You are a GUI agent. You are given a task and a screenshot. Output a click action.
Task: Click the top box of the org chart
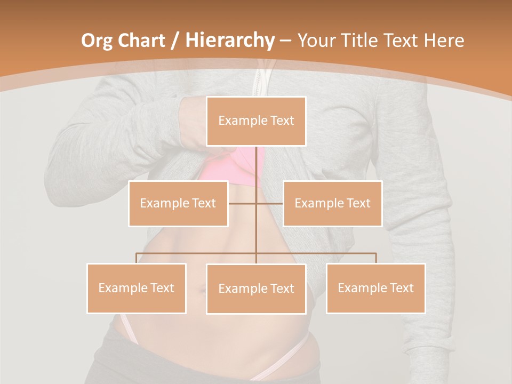pyautogui.click(x=256, y=121)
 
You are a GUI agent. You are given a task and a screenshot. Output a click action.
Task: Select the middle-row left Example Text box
pyautogui.click(x=178, y=203)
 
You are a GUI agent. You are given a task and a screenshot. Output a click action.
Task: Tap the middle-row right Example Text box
pyautogui.click(x=332, y=203)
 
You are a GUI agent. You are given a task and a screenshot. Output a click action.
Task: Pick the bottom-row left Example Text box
pyautogui.click(x=137, y=288)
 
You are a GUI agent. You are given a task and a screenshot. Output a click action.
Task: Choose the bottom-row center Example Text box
pyautogui.click(x=256, y=289)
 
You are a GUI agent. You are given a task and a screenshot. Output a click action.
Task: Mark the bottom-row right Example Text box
pyautogui.click(x=375, y=288)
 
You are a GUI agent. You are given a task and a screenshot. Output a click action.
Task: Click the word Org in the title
pyautogui.click(x=97, y=41)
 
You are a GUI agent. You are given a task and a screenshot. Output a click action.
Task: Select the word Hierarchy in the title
pyautogui.click(x=230, y=41)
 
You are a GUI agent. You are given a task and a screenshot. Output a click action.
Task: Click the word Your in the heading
pyautogui.click(x=318, y=41)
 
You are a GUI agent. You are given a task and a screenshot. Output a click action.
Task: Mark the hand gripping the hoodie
pyautogui.click(x=192, y=123)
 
